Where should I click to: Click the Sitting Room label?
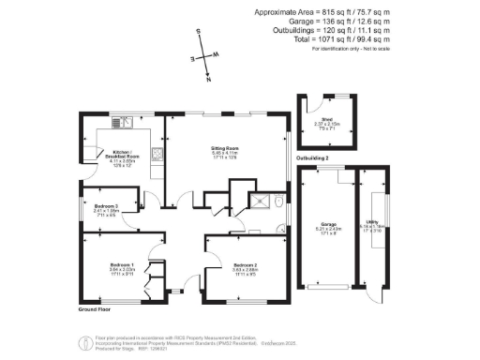pos(225,148)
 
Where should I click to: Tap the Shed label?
pos(327,119)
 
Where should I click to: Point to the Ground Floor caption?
pos(94,307)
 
